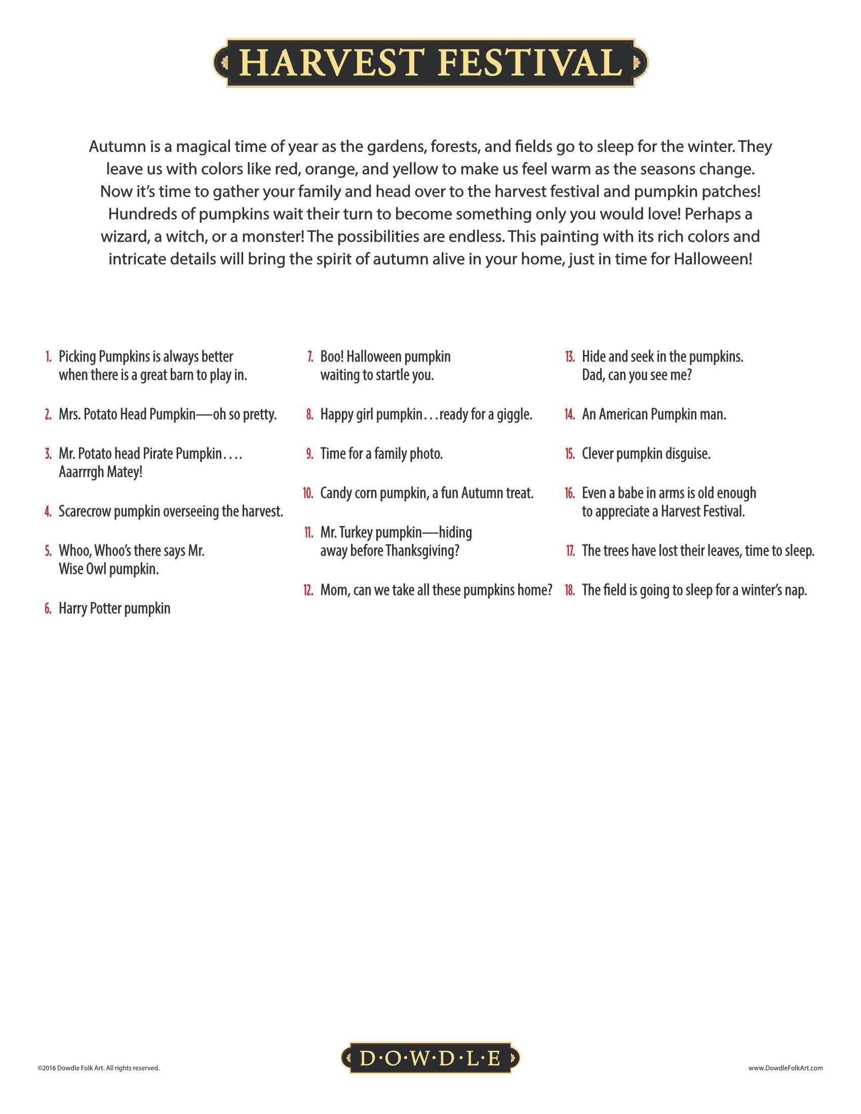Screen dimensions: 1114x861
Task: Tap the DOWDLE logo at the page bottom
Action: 430,1060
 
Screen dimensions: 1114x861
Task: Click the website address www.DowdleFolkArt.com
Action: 786,1067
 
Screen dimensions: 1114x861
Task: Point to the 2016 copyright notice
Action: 98,1067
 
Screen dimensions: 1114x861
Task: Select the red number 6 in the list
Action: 48,609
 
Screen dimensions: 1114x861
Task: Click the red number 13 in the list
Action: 570,356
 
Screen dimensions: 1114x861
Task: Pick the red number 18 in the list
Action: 570,590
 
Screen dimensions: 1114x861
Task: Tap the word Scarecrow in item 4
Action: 85,511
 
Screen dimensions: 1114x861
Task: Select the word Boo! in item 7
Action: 332,356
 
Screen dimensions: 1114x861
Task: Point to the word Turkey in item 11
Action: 358,533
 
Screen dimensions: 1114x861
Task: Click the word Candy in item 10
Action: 335,493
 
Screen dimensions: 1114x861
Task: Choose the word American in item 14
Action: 623,415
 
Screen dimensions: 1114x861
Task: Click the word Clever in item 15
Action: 597,454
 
